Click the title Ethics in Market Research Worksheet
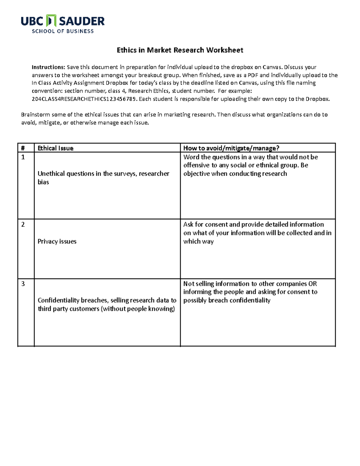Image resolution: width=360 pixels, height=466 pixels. pos(180,50)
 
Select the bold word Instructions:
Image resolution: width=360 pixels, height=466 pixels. pos(48,67)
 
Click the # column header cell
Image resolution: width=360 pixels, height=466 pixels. pos(23,148)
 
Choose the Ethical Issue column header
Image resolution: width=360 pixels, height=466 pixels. pos(55,148)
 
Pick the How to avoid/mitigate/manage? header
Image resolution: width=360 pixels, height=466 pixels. pos(231,148)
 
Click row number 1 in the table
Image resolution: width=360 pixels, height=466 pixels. pos(23,157)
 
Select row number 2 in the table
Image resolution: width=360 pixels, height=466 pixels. pos(23,224)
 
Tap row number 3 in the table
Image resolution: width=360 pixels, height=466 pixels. pos(23,284)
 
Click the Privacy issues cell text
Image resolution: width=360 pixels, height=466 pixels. pos(57,241)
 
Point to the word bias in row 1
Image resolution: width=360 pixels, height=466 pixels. pos(43,182)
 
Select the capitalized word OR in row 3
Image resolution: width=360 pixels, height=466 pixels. pos(313,284)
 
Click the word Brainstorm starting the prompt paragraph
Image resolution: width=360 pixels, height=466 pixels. pos(35,114)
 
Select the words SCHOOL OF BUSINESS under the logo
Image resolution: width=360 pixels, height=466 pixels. pos(63,31)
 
